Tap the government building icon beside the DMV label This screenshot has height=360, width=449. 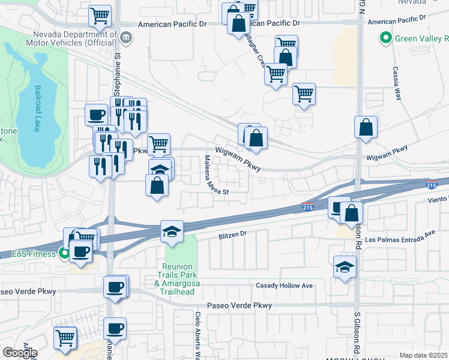[127, 37]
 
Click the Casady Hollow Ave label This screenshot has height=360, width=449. [285, 286]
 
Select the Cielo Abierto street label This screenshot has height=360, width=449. [197, 336]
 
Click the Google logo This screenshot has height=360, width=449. [20, 353]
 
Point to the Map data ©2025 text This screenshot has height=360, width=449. [424, 355]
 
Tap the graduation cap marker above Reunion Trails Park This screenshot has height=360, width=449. [172, 231]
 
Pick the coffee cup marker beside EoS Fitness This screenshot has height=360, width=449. [80, 251]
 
